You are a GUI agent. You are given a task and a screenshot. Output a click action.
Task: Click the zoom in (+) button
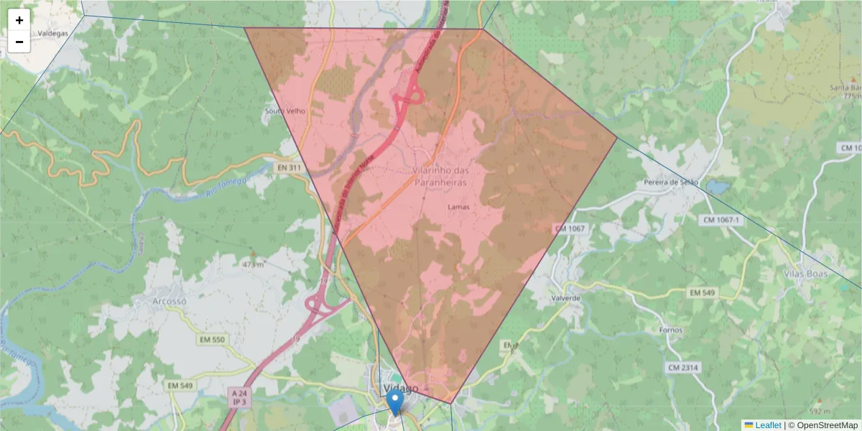19,20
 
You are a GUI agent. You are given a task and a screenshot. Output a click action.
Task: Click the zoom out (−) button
19,42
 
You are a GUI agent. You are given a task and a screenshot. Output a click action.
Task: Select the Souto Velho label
285,111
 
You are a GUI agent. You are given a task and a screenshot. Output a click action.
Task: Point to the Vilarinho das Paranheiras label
440,177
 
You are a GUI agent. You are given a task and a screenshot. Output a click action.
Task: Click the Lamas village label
458,207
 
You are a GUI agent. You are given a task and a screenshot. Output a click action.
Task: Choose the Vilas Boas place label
806,274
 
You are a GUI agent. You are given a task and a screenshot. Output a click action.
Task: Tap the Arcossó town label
170,301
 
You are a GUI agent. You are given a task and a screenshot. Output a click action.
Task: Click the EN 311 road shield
287,167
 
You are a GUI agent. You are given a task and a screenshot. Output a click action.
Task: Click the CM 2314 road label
683,368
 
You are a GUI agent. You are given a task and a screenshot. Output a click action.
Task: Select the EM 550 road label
209,339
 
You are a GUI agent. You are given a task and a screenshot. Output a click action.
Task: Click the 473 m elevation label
254,264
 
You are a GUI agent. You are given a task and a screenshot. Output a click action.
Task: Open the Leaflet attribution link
766,425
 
